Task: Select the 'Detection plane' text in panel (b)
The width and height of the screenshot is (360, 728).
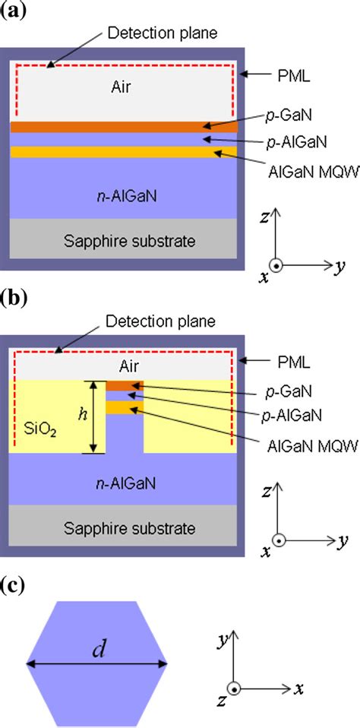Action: click(x=160, y=321)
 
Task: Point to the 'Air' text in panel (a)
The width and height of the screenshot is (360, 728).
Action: click(x=121, y=87)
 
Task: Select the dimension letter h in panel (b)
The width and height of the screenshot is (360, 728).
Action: click(x=83, y=415)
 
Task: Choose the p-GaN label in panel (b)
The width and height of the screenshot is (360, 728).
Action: click(x=290, y=392)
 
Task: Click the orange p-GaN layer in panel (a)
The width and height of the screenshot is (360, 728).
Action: click(x=124, y=127)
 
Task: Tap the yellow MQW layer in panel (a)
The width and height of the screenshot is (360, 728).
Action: click(x=124, y=152)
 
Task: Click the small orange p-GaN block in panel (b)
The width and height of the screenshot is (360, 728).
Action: click(x=125, y=385)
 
